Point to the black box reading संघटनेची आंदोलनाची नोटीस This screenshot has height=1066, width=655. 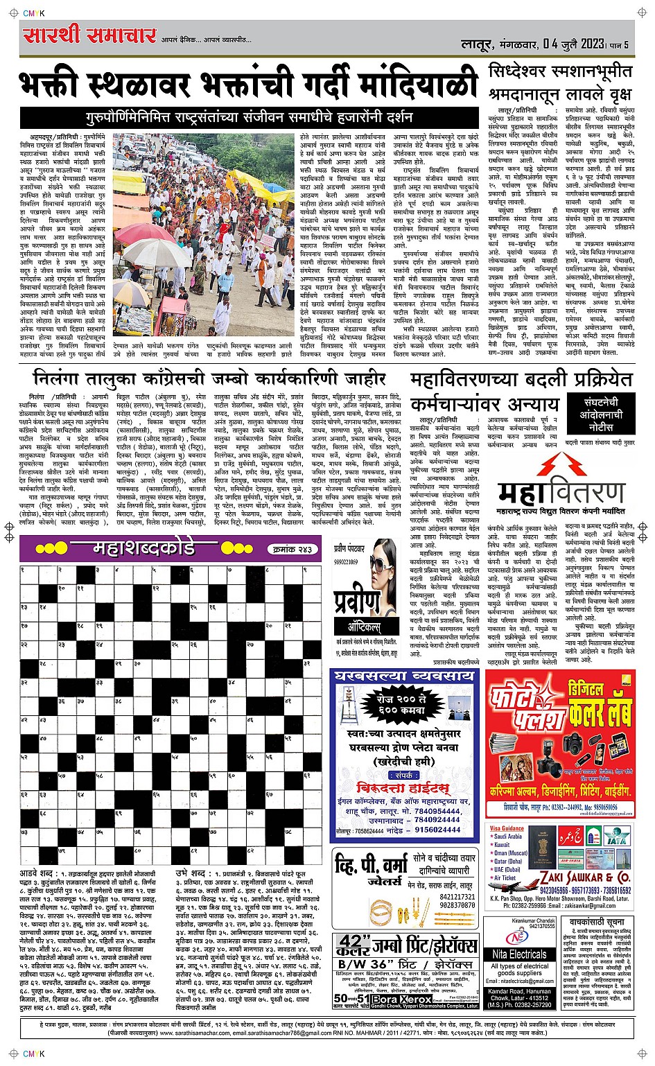coord(601,414)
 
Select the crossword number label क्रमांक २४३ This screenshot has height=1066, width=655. coord(291,549)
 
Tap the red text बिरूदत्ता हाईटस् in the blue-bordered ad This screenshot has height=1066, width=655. coord(403,787)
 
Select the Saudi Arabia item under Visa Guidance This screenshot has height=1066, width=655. coord(509,837)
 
